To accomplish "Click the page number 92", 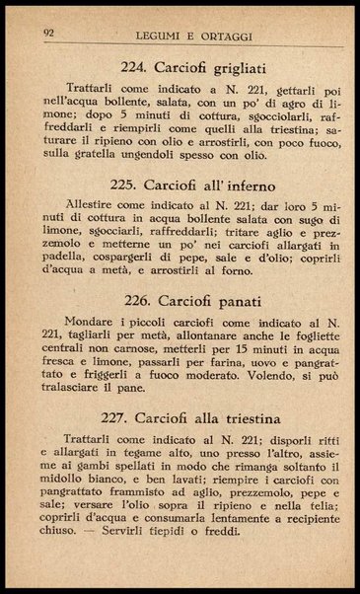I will (48, 32).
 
